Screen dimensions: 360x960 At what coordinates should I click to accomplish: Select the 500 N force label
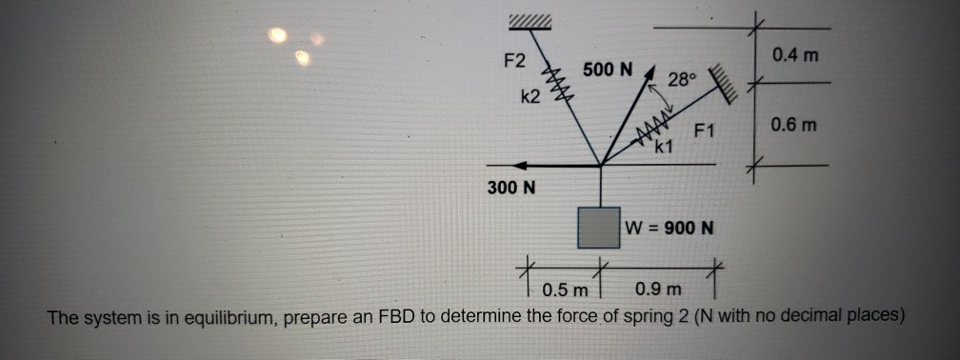coord(608,70)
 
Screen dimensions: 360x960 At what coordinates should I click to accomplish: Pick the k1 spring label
coord(664,147)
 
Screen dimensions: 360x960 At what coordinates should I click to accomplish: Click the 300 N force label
coord(511,188)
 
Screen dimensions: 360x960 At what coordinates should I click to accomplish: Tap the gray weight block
coord(601,227)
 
